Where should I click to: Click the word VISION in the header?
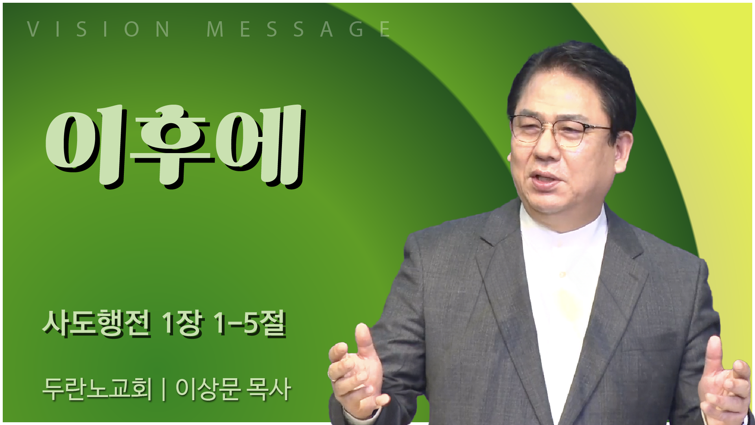98,29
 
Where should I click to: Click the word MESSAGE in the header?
298,29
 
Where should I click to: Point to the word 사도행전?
96,323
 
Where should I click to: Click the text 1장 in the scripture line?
183,323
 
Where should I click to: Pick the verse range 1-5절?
249,323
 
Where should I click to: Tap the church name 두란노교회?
97,389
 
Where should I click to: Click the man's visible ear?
622,152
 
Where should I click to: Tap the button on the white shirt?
563,274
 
